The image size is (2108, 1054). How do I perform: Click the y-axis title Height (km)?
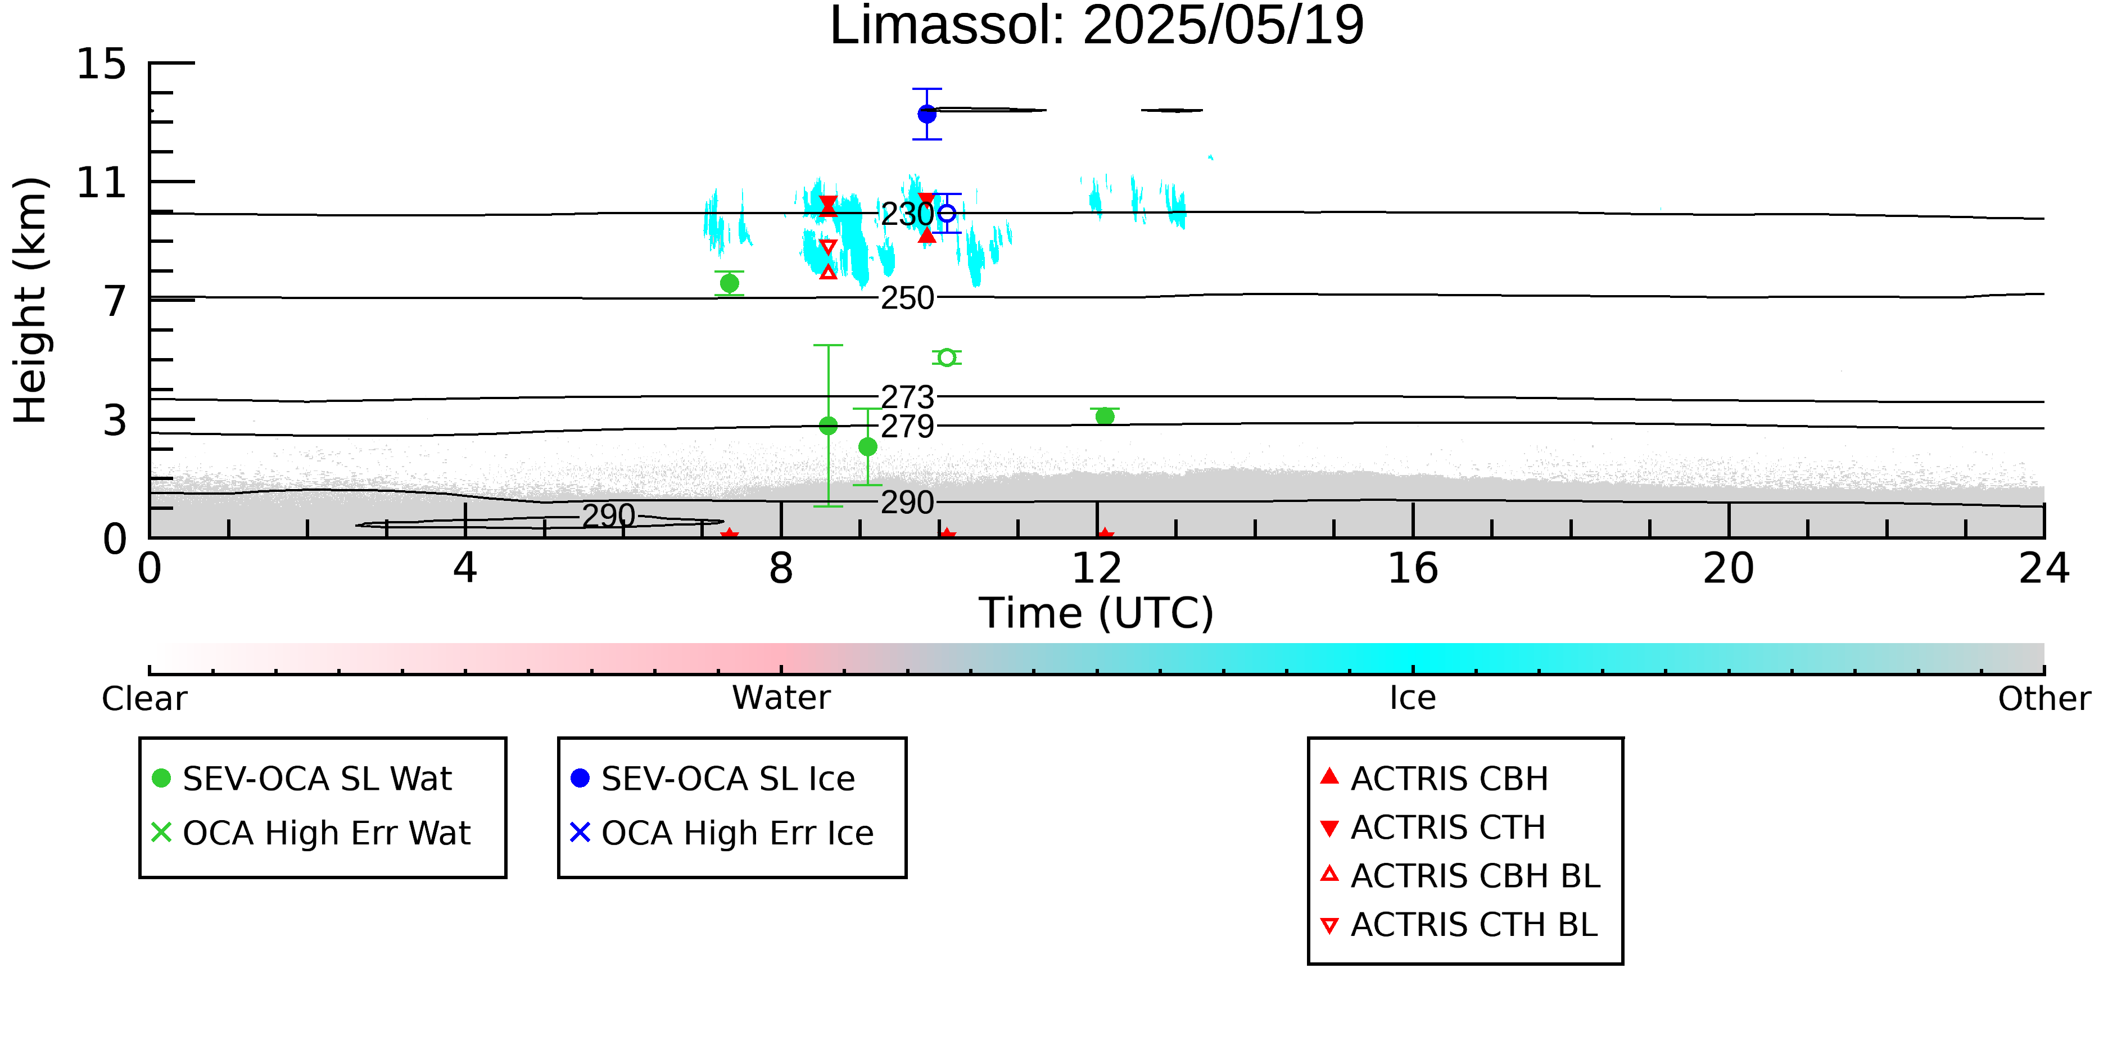[31, 300]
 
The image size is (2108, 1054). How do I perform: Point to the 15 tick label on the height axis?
[102, 64]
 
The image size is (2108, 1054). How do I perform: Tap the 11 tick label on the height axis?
[102, 183]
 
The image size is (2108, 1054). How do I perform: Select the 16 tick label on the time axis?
[1413, 569]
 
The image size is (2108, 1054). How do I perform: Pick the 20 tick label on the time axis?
[1729, 569]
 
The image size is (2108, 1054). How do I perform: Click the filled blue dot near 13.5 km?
[927, 114]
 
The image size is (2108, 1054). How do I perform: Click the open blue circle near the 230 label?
[947, 214]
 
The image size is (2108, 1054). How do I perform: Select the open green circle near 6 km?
[947, 358]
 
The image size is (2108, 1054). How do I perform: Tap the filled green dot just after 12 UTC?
[1105, 417]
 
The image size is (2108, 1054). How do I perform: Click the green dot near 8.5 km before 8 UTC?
[729, 284]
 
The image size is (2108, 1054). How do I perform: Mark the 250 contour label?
[907, 298]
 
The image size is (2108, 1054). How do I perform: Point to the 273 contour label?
[907, 397]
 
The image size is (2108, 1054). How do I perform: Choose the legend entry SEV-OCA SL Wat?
[303, 778]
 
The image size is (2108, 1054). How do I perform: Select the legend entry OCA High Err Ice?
[722, 833]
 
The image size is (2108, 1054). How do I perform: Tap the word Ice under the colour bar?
[1413, 698]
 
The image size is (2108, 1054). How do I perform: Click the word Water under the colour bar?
[781, 698]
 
